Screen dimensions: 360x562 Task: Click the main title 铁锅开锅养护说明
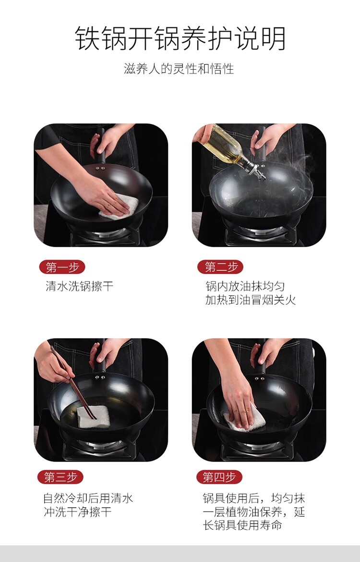180,38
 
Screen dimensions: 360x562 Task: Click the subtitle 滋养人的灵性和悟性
179,69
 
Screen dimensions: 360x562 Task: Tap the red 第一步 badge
62,268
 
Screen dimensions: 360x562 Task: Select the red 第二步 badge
220,268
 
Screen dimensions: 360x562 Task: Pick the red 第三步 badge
60,477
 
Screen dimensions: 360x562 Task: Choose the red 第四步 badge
219,477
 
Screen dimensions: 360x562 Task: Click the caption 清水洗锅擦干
80,286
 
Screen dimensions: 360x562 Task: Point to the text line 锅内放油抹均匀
245,286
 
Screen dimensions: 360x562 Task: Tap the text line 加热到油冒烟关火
251,300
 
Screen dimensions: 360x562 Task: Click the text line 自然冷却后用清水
88,498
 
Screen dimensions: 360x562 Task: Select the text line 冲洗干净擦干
77,512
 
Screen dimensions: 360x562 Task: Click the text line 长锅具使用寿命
242,525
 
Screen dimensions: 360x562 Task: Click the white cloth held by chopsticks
94,417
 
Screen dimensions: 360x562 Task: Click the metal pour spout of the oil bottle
257,170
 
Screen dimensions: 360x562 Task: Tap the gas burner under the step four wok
259,448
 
